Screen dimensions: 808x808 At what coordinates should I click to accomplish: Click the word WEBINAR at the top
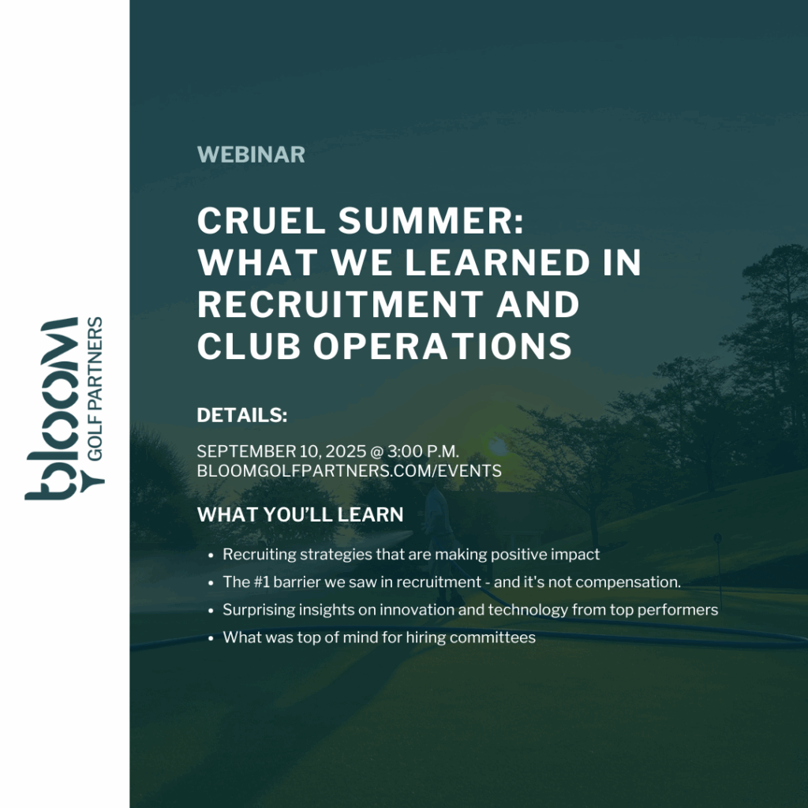point(251,155)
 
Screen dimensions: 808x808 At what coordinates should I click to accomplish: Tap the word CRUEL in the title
point(261,221)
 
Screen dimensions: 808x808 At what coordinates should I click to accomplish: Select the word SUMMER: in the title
point(431,221)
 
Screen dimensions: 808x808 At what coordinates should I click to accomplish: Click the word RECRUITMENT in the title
point(340,304)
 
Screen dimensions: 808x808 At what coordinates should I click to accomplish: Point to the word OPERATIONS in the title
point(443,346)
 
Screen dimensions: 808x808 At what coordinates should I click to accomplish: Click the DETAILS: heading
point(242,415)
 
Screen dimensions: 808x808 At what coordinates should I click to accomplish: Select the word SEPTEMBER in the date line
point(246,451)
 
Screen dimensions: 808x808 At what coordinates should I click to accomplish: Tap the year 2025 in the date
point(346,451)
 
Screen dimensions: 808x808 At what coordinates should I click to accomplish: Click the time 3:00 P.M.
point(423,451)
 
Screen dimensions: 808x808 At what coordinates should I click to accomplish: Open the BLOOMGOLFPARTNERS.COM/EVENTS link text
point(349,471)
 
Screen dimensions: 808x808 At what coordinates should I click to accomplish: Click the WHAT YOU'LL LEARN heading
point(300,514)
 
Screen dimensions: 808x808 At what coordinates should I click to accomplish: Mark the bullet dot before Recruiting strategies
point(210,555)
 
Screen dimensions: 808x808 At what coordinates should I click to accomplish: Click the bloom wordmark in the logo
point(51,409)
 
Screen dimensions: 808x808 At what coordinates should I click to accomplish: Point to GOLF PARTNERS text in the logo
point(95,388)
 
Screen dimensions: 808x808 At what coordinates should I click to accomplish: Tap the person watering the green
point(439,541)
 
